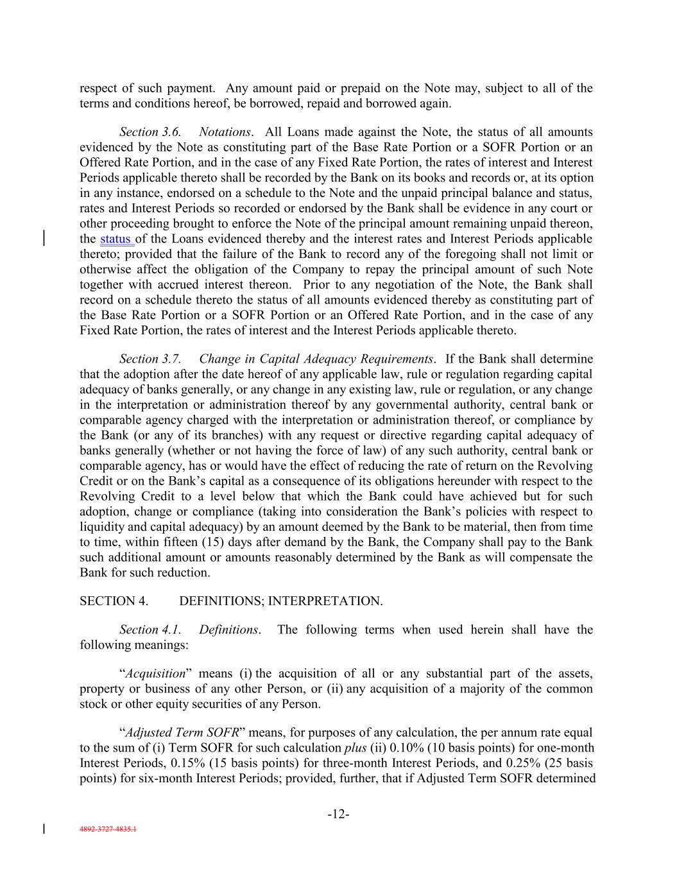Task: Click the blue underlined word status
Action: tap(116, 239)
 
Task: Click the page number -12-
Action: tap(338, 814)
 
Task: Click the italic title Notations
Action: tap(225, 132)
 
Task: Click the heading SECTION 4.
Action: tap(114, 601)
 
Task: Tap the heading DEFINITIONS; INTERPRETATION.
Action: tap(280, 601)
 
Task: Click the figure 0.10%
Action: tap(402, 748)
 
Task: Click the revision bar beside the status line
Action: tap(44, 237)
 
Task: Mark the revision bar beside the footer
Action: tap(44, 829)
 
